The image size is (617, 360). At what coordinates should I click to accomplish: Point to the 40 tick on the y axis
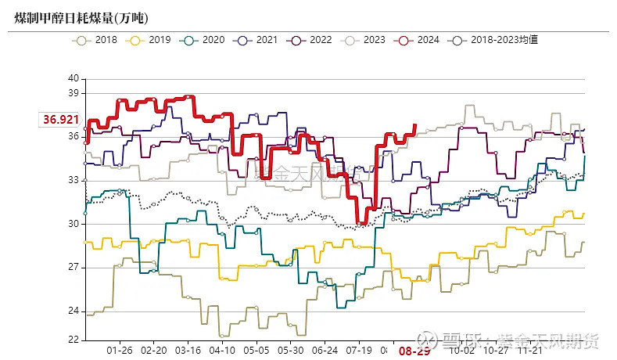pos(74,78)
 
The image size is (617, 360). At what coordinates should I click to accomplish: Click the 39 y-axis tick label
pos(74,93)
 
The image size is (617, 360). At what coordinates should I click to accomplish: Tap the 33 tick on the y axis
pos(74,180)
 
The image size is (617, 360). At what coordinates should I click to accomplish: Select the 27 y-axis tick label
pos(74,268)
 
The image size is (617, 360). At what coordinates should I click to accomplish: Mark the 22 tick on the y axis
pos(74,340)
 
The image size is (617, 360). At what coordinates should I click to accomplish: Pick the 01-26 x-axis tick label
pos(119,351)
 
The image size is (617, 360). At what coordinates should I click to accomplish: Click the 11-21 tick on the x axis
pos(531,351)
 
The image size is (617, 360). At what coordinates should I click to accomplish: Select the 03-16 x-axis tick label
pos(188,351)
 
